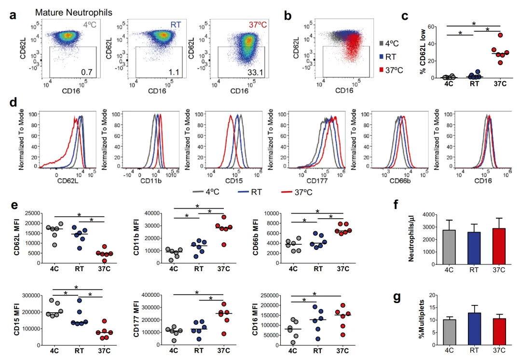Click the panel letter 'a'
pyautogui.click(x=14, y=16)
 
